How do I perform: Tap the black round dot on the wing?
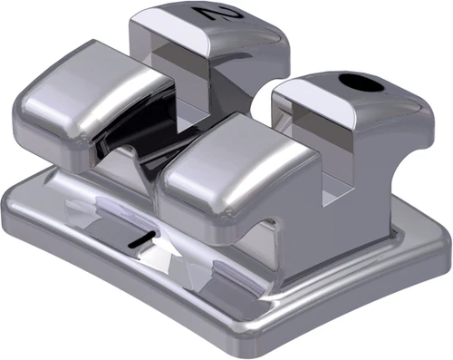pos(361,82)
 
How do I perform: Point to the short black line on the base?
pos(141,238)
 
